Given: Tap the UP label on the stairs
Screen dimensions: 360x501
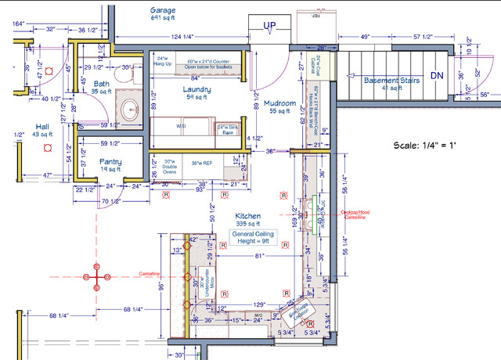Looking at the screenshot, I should click(x=270, y=25).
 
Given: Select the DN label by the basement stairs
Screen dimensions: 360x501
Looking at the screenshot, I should click(x=436, y=76).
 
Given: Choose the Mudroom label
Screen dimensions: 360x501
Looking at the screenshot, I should click(x=279, y=103).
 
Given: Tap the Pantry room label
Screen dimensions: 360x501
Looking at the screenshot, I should click(x=110, y=163).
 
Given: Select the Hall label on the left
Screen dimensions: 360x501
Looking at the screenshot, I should click(x=42, y=127).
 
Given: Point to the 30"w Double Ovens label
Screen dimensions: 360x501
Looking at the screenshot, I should click(x=168, y=167).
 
